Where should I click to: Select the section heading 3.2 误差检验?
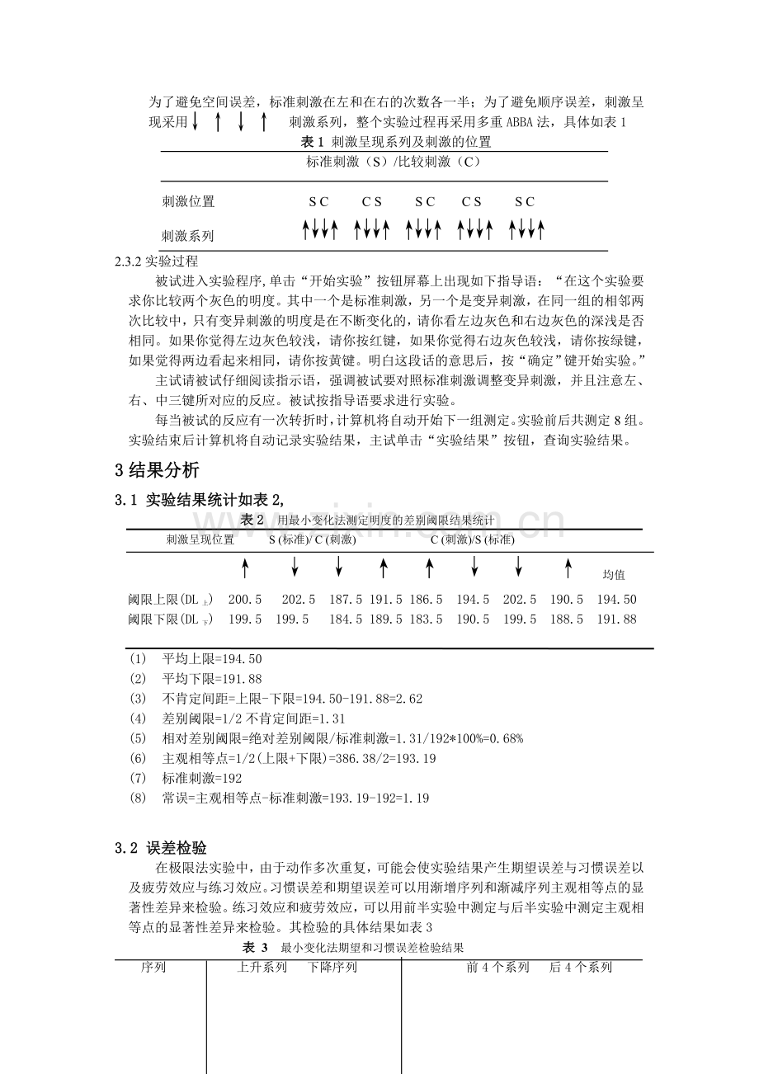tap(161, 848)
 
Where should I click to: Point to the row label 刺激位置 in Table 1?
tap(188, 201)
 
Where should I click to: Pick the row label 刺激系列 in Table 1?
tap(188, 236)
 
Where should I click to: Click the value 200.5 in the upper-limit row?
tap(245, 600)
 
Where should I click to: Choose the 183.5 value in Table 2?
tap(427, 619)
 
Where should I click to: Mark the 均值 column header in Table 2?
tap(615, 574)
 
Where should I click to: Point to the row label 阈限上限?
tap(165, 600)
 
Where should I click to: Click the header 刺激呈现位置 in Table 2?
tap(200, 539)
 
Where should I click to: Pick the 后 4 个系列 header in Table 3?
tap(581, 968)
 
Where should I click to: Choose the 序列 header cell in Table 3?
tap(153, 968)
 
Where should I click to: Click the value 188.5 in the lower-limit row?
tap(567, 619)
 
